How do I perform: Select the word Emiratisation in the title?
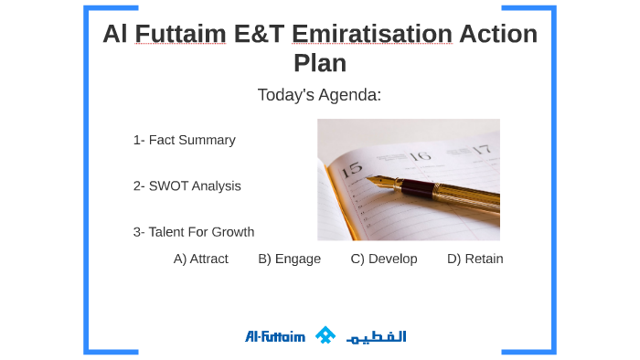point(372,35)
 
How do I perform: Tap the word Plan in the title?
point(320,64)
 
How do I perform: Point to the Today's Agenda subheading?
point(319,95)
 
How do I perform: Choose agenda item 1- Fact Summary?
point(184,140)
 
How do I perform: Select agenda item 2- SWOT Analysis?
point(187,185)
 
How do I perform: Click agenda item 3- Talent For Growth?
point(193,232)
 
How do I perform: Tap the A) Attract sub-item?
point(200,259)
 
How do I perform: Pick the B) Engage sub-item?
point(289,259)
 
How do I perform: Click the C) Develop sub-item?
point(383,259)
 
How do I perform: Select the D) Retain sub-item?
point(475,259)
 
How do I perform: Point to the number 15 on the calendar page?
point(351,167)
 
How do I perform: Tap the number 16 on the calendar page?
point(419,155)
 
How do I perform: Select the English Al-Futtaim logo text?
point(274,336)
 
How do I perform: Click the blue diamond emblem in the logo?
point(325,335)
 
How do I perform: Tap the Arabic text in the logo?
point(376,336)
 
